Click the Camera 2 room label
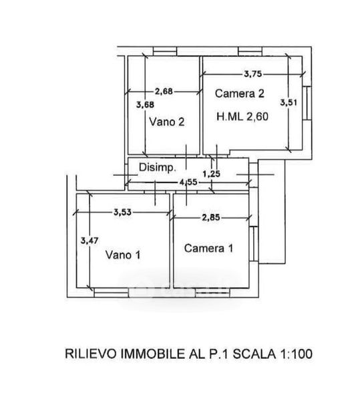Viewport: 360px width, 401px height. coord(239,94)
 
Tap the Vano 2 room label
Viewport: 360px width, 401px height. coord(166,122)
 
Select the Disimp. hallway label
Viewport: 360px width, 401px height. coord(158,168)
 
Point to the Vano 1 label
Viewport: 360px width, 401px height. coord(123,255)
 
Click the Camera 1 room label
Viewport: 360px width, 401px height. coord(208,249)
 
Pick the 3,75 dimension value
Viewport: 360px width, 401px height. coord(253,74)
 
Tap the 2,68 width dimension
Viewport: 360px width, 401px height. coord(164,92)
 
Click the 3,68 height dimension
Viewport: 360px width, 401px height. coord(145,105)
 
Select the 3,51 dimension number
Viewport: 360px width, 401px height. coord(289,102)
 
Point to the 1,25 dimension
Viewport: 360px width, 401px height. coord(211,174)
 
